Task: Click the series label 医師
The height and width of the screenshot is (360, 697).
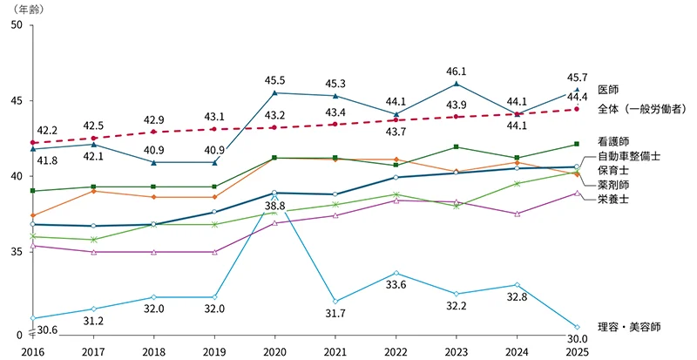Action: tap(608, 90)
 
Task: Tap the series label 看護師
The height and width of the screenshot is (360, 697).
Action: tap(613, 140)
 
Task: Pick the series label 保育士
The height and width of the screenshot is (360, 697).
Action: tap(613, 171)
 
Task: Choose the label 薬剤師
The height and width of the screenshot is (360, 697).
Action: tap(613, 186)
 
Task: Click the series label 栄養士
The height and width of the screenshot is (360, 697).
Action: tap(613, 200)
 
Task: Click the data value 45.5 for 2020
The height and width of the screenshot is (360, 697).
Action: tap(274, 80)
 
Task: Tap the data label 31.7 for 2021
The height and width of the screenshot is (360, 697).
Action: tap(335, 314)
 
